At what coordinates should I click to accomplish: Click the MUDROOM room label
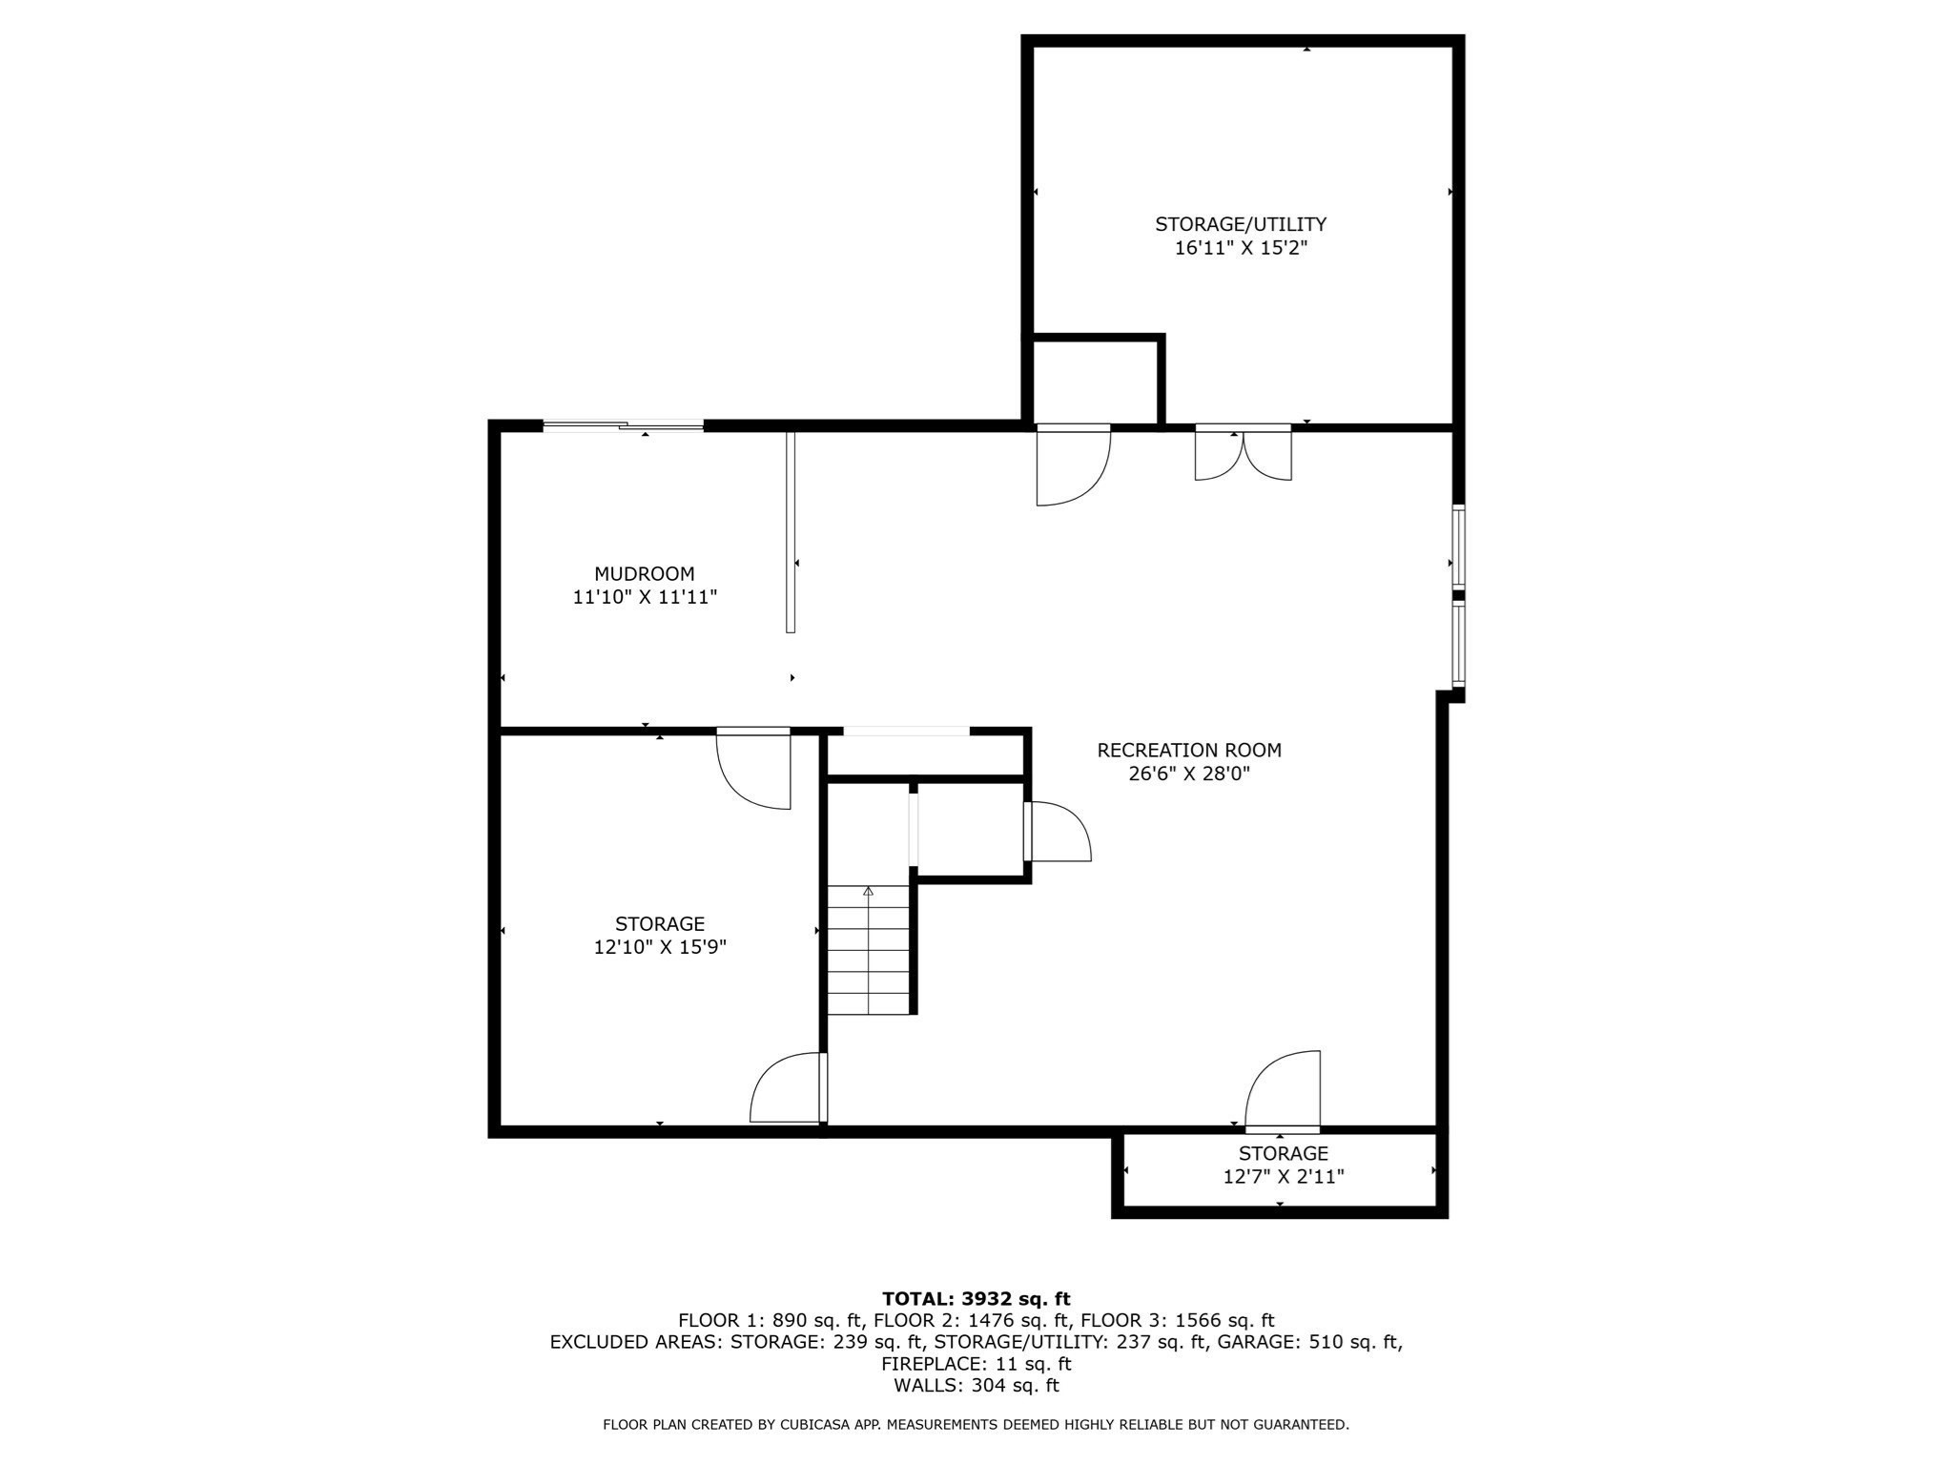pyautogui.click(x=644, y=574)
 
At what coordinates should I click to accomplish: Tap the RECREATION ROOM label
pyautogui.click(x=1188, y=751)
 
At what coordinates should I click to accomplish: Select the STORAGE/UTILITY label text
pyautogui.click(x=1240, y=224)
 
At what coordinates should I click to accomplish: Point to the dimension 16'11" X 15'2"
pyautogui.click(x=1240, y=248)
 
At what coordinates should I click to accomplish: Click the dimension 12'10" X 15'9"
pyautogui.click(x=660, y=947)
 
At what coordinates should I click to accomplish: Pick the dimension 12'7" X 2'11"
pyautogui.click(x=1284, y=1176)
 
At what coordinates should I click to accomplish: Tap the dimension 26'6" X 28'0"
pyautogui.click(x=1188, y=774)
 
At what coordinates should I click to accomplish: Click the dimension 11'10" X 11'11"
pyautogui.click(x=644, y=597)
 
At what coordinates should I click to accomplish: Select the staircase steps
pyautogui.click(x=868, y=950)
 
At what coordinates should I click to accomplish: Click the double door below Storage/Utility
pyautogui.click(x=1243, y=452)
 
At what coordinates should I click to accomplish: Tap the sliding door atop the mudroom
pyautogui.click(x=623, y=426)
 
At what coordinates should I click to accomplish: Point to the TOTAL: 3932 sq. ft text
pyautogui.click(x=976, y=1298)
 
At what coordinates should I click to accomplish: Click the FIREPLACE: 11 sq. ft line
pyautogui.click(x=976, y=1363)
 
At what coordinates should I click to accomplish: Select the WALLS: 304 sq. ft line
pyautogui.click(x=976, y=1385)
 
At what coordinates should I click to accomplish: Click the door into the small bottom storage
pyautogui.click(x=1283, y=1091)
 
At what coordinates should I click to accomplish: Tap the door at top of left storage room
pyautogui.click(x=753, y=769)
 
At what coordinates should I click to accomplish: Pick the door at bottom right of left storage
pyautogui.click(x=789, y=1087)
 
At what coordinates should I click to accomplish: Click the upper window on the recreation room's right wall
pyautogui.click(x=1458, y=546)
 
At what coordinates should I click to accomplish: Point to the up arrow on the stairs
pyautogui.click(x=868, y=891)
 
